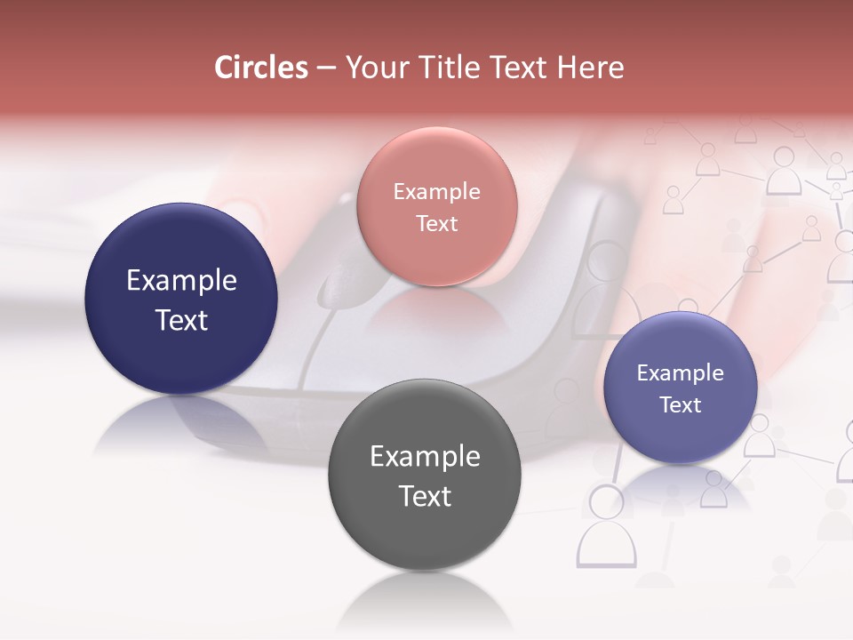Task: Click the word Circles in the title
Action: (x=261, y=68)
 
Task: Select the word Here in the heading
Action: (x=592, y=68)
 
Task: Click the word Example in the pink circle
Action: (x=436, y=192)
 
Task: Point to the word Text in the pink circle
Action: (x=436, y=224)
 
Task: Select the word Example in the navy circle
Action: (x=181, y=281)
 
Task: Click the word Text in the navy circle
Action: (x=181, y=320)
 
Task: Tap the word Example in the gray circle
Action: (x=425, y=457)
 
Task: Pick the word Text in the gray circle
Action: (x=425, y=496)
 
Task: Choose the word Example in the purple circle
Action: (x=681, y=373)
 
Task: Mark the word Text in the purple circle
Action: (x=681, y=405)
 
